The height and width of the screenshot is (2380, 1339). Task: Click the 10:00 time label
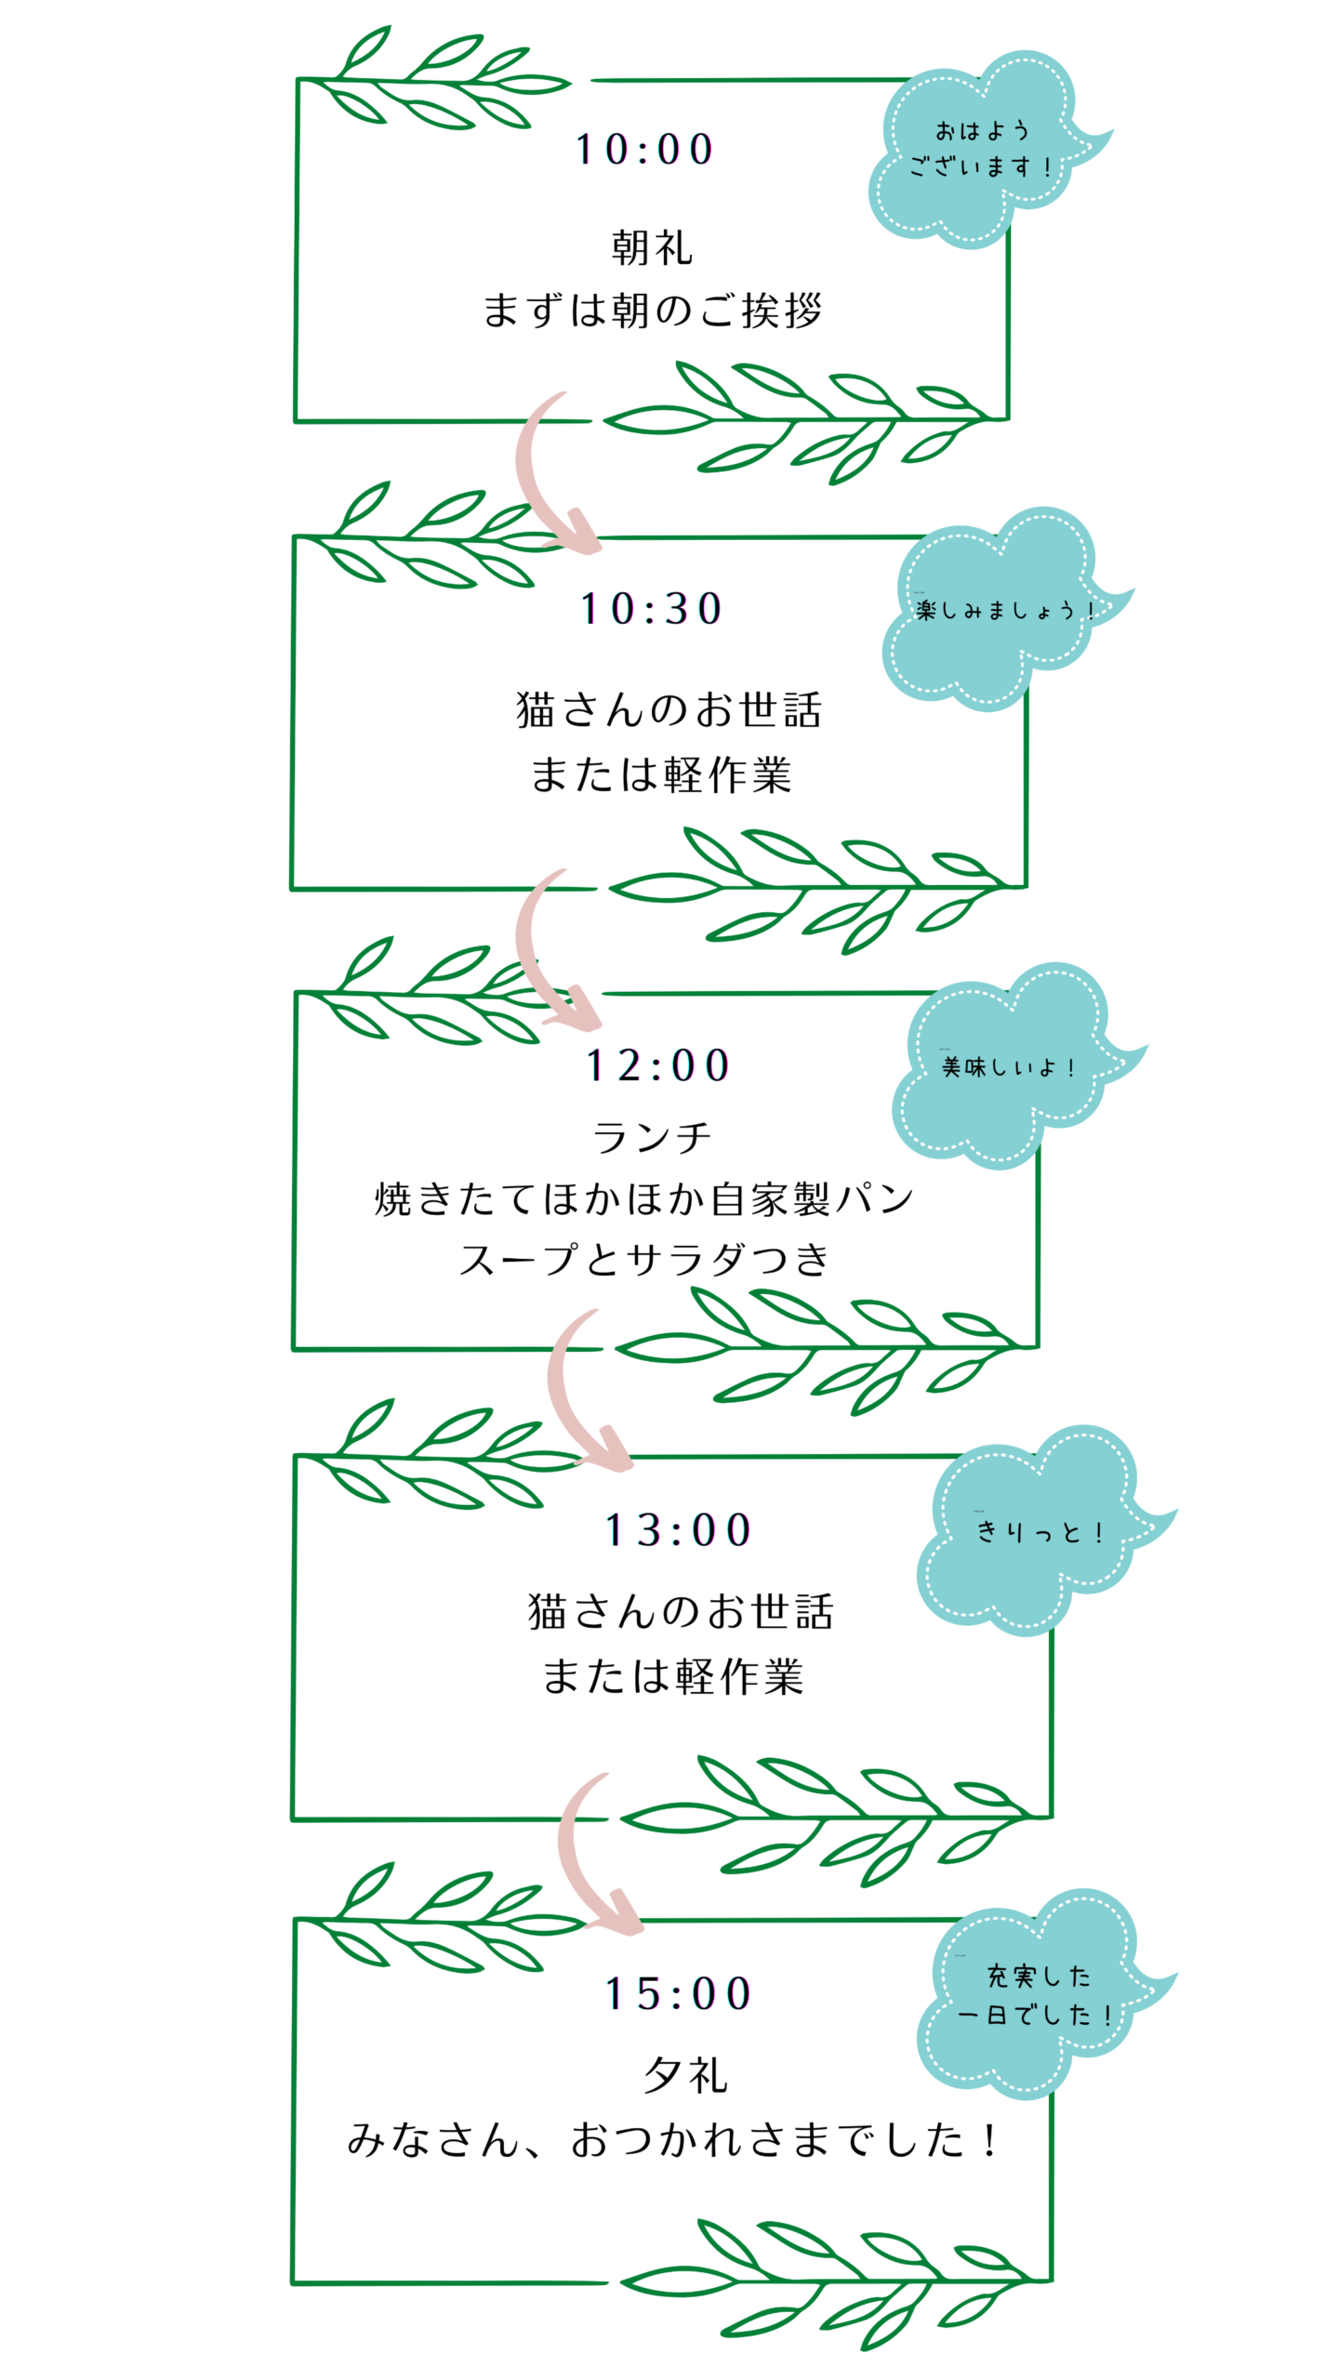[x=644, y=150]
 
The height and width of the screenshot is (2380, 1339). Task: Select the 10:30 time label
[x=651, y=609]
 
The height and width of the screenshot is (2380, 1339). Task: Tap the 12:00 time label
[x=657, y=1065]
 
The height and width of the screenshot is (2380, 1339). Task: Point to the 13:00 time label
[x=678, y=1530]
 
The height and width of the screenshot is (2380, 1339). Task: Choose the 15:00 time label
[x=678, y=1994]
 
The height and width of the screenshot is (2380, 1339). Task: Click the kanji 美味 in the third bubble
[x=963, y=1066]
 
